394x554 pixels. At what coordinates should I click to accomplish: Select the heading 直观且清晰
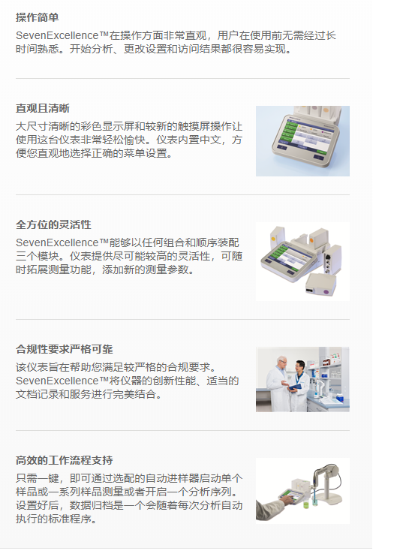[x=43, y=108]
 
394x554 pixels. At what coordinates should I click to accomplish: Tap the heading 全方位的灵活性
[x=53, y=224]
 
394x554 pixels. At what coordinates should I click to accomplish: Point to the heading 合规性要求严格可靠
[x=65, y=349]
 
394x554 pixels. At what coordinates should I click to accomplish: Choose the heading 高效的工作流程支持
[x=65, y=460]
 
